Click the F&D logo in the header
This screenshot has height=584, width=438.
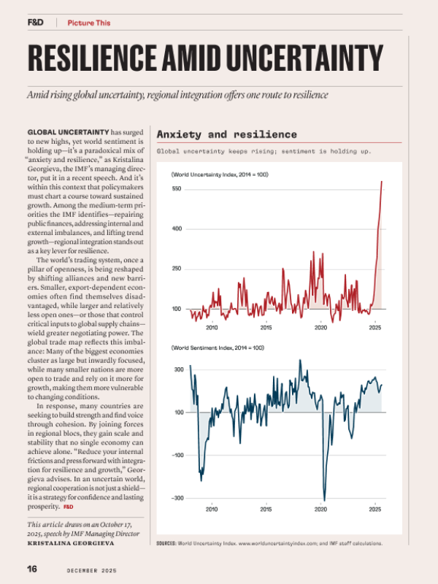pyautogui.click(x=35, y=23)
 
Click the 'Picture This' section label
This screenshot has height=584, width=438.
pyautogui.click(x=89, y=23)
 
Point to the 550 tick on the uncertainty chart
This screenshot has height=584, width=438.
pyautogui.click(x=177, y=189)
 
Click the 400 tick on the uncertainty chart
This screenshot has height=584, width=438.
pyautogui.click(x=177, y=229)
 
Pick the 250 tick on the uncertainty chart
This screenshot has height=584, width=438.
pyautogui.click(x=177, y=269)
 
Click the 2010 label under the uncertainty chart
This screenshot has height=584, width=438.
pyautogui.click(x=212, y=328)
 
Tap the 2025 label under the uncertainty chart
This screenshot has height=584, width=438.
pyautogui.click(x=375, y=328)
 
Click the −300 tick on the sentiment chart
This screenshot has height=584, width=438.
pyautogui.click(x=177, y=498)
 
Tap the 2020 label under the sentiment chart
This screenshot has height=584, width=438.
pyautogui.click(x=320, y=510)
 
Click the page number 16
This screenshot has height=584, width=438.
pyautogui.click(x=32, y=568)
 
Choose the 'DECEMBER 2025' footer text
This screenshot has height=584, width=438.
pyautogui.click(x=93, y=569)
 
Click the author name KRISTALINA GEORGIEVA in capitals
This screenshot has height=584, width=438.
pyautogui.click(x=70, y=544)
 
